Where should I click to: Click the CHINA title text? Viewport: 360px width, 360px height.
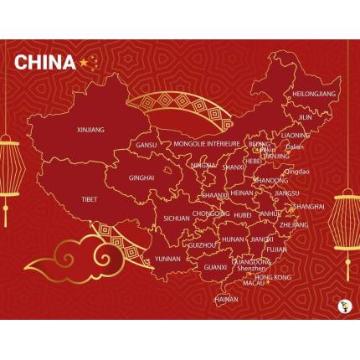(x=45, y=63)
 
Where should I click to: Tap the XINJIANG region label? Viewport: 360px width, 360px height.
(x=90, y=130)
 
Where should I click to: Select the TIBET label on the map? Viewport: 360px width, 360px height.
(x=90, y=199)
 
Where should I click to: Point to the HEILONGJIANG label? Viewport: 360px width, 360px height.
(x=314, y=95)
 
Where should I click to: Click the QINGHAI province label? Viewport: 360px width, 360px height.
(x=141, y=177)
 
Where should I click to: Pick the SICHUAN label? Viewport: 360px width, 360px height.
(x=177, y=218)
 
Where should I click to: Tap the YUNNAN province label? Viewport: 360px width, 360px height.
(x=167, y=259)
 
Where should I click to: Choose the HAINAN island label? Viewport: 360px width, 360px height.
(x=226, y=299)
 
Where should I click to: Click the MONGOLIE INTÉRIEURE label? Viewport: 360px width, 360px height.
(x=205, y=144)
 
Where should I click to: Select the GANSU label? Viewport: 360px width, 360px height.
(x=147, y=145)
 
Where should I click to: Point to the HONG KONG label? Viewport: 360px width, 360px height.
(x=273, y=276)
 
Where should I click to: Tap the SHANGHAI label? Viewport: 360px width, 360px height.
(x=309, y=206)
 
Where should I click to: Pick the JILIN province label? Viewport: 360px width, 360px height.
(x=305, y=117)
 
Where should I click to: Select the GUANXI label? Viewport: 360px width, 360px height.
(x=215, y=267)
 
